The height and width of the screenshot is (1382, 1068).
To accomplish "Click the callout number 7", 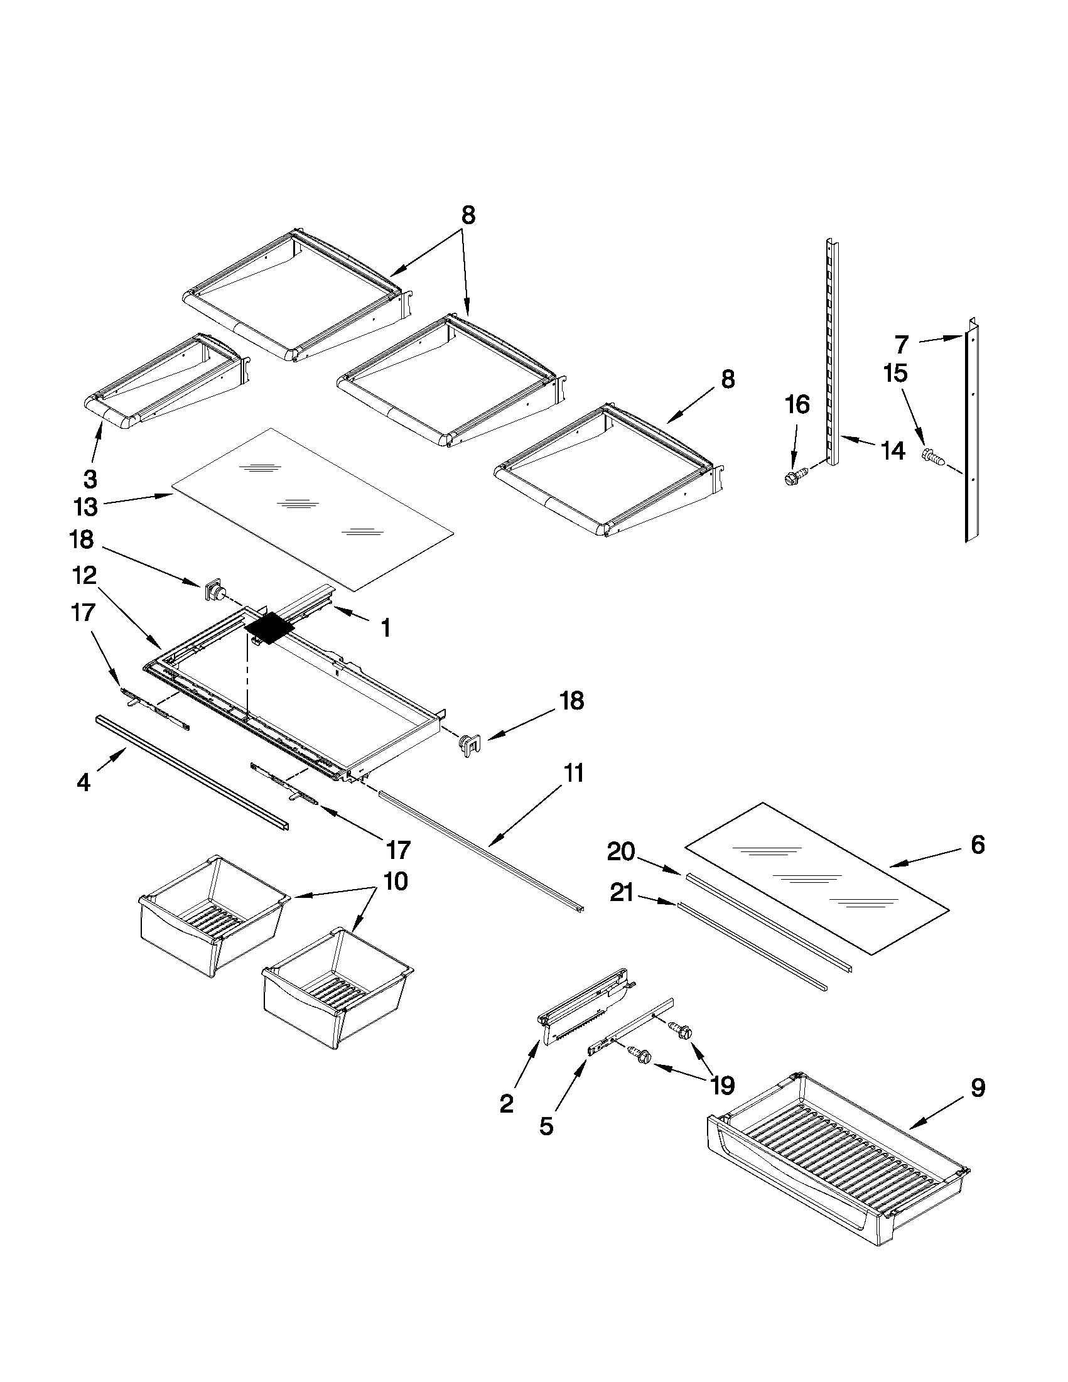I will tap(902, 345).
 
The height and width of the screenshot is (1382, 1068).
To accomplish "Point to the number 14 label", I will tap(892, 451).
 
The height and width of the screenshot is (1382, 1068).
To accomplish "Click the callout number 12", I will tap(84, 575).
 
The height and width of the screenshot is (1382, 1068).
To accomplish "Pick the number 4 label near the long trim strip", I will tap(84, 783).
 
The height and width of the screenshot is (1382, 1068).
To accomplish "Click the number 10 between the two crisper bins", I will tap(396, 882).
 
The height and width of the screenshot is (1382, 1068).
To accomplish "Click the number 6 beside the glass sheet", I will tap(978, 845).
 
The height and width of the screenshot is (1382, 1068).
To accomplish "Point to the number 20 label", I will tap(621, 852).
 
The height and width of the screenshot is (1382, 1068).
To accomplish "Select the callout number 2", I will tap(506, 1104).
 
